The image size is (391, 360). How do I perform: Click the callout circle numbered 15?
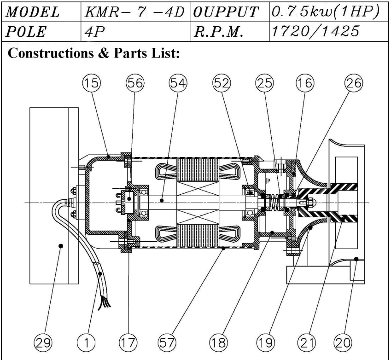(x=92, y=83)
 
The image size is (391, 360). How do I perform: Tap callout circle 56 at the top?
(x=135, y=83)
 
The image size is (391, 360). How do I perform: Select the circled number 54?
(x=178, y=83)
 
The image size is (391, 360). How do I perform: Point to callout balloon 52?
(x=222, y=83)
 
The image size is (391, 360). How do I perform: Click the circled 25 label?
(x=264, y=83)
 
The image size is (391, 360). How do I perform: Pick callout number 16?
(x=305, y=83)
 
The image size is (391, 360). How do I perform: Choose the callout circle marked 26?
(x=354, y=83)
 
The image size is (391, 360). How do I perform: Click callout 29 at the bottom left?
(x=43, y=343)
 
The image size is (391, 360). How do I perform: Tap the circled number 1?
(x=86, y=343)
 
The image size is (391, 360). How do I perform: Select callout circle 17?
(x=128, y=343)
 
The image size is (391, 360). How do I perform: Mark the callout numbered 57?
(x=167, y=343)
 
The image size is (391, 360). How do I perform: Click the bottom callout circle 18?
(x=219, y=343)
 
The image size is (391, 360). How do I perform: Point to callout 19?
(x=266, y=343)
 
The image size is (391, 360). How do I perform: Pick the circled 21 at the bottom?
(x=306, y=343)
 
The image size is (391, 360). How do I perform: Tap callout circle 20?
(x=343, y=343)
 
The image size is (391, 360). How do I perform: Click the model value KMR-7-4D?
(x=134, y=12)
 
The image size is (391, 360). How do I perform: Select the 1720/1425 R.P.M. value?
(x=315, y=32)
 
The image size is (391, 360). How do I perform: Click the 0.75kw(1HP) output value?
(x=325, y=12)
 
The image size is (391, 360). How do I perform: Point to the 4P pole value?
(x=94, y=32)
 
